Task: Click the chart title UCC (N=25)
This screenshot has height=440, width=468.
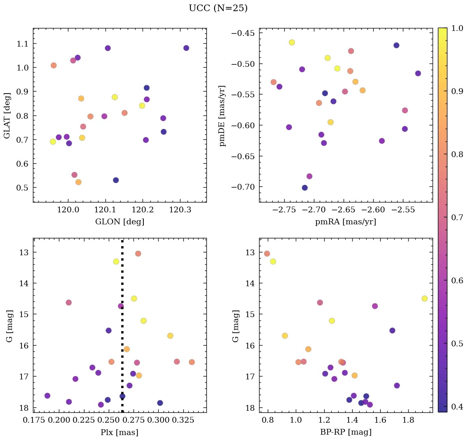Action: (218, 8)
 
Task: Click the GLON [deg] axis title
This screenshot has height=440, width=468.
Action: (119, 222)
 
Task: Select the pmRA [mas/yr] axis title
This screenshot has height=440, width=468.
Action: (346, 222)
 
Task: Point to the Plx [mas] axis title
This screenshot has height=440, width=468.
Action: (119, 432)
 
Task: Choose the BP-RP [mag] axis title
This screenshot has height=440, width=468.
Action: (346, 432)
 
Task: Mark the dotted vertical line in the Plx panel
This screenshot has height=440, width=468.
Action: (122, 330)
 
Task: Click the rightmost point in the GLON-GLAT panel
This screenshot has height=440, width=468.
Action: (186, 48)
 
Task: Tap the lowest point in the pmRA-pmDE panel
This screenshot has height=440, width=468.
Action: (305, 188)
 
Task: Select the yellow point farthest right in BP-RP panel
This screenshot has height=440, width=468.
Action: (425, 299)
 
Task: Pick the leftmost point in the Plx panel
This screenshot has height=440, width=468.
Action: (47, 396)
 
